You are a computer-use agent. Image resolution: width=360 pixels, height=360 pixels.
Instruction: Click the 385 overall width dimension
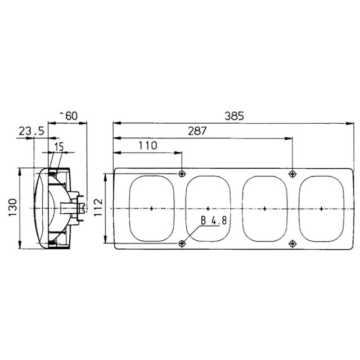click(x=234, y=116)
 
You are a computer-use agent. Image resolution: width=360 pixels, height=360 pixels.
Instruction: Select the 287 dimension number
click(x=197, y=131)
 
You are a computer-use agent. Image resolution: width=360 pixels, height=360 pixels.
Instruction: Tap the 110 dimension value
click(x=148, y=146)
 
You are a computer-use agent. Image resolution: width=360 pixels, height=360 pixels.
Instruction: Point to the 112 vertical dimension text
click(x=98, y=207)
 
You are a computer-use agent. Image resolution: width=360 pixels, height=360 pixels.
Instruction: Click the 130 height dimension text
click(x=13, y=208)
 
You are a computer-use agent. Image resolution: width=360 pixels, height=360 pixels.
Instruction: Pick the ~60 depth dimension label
click(x=69, y=116)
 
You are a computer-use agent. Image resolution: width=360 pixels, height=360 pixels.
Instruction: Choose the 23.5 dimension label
click(x=31, y=131)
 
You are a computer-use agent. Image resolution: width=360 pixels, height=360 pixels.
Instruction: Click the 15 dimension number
click(x=58, y=147)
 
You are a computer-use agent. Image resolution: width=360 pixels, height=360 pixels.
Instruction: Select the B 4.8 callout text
click(x=214, y=220)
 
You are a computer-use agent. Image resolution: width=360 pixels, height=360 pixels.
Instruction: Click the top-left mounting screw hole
click(x=182, y=174)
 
